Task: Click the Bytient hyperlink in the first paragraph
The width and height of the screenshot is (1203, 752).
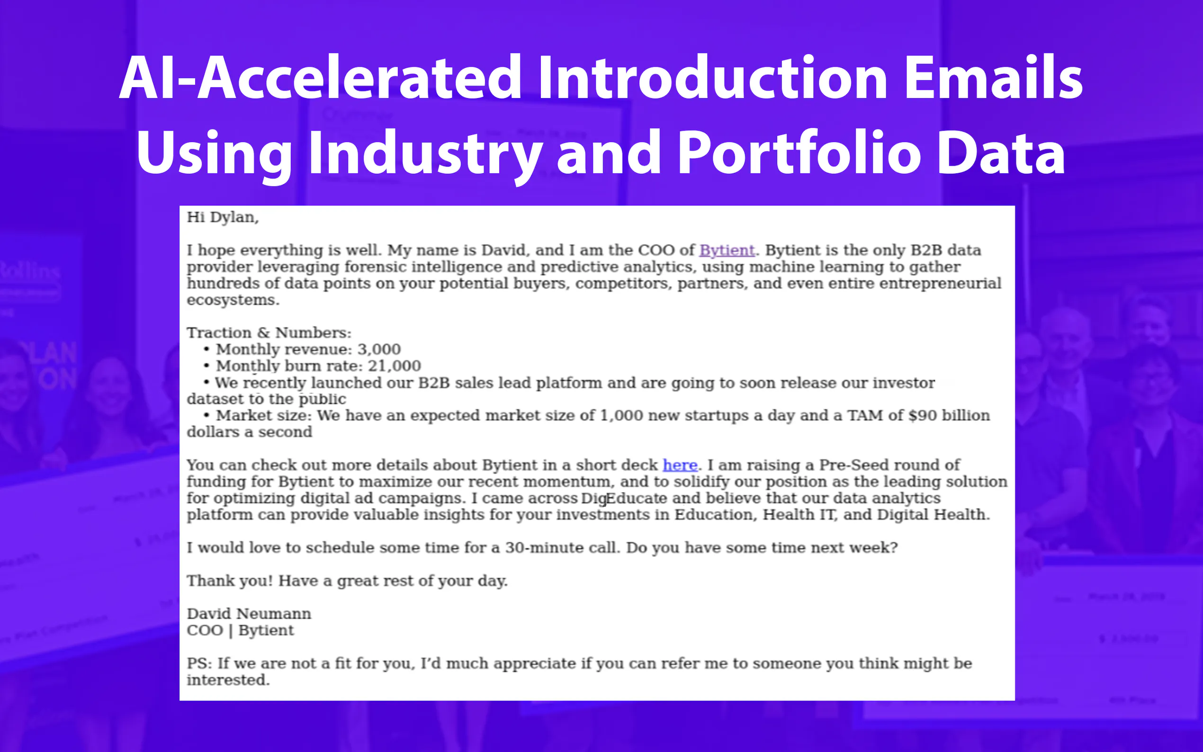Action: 727,250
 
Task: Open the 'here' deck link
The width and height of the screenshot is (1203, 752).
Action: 680,465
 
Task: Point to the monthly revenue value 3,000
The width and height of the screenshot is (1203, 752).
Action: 379,349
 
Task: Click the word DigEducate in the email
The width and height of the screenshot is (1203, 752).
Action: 624,498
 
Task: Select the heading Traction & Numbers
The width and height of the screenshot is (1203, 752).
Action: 269,333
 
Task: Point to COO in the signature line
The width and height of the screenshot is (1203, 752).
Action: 205,630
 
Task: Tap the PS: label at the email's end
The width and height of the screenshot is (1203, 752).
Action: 199,663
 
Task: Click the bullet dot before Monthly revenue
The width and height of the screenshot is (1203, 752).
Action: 206,349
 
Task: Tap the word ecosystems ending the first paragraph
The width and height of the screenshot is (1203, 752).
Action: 233,300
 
